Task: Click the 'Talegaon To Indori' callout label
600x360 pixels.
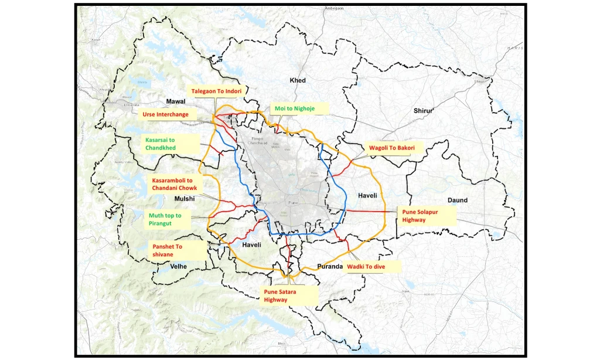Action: (x=216, y=91)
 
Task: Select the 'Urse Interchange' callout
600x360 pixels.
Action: (x=165, y=114)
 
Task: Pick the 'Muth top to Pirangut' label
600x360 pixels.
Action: (x=165, y=219)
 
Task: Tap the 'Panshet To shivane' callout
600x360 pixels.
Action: (x=168, y=250)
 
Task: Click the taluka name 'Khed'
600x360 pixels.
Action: (x=298, y=80)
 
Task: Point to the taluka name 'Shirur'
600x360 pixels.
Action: (x=423, y=110)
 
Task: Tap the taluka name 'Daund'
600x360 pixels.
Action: (x=458, y=200)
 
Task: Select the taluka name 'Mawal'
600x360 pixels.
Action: (x=176, y=101)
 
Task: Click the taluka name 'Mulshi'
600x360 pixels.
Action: (x=184, y=199)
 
